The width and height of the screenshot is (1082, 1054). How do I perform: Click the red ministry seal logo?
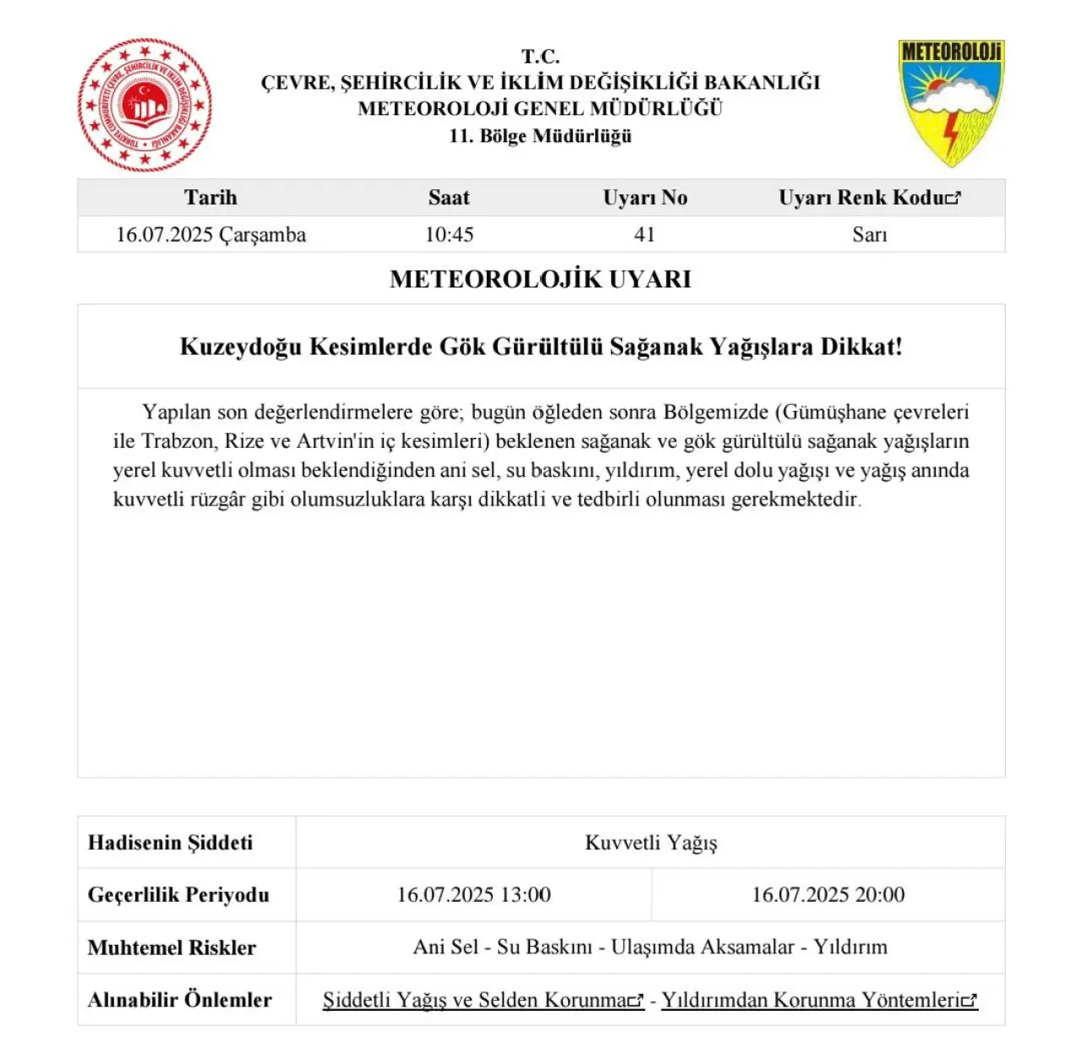tap(145, 105)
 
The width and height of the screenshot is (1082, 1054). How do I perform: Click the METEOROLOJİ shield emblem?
tap(950, 102)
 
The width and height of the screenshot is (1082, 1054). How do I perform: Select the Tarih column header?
tap(210, 198)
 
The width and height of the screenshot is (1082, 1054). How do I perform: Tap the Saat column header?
tap(449, 198)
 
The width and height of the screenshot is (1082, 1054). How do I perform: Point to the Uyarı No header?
tap(645, 198)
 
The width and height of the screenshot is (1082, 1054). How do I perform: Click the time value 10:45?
tap(449, 235)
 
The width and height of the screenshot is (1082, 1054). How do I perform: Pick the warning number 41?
tap(645, 235)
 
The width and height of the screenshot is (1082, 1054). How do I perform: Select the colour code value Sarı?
tap(870, 235)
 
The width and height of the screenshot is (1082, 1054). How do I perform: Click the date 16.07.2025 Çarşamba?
tap(210, 235)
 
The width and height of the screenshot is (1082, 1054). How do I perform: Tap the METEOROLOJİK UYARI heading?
tap(540, 279)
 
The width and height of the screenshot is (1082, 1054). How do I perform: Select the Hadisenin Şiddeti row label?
tap(170, 843)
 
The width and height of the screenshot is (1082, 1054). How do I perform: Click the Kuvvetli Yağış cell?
tap(651, 843)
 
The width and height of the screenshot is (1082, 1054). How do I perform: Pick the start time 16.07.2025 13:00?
tap(473, 895)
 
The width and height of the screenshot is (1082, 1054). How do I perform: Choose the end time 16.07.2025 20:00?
tap(828, 895)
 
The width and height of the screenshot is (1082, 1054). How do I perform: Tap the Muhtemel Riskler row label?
tap(172, 948)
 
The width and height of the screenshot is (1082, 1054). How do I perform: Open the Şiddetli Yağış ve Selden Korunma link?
tap(482, 1001)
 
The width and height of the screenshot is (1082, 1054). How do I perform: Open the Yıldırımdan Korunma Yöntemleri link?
tap(818, 1001)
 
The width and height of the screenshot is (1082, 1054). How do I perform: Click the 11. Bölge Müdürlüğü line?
tap(540, 136)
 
